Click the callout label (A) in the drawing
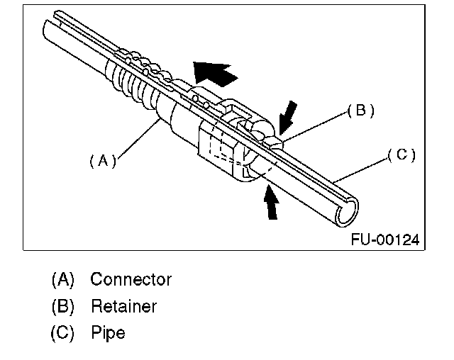tap(102, 161)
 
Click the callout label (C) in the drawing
tap(402, 154)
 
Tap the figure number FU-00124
tap(384, 240)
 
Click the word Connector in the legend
tap(131, 279)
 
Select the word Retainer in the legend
tap(123, 306)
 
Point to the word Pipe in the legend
tap(108, 333)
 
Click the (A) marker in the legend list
tap(62, 279)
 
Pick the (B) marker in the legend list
tap(62, 306)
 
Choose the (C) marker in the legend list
tap(62, 333)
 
